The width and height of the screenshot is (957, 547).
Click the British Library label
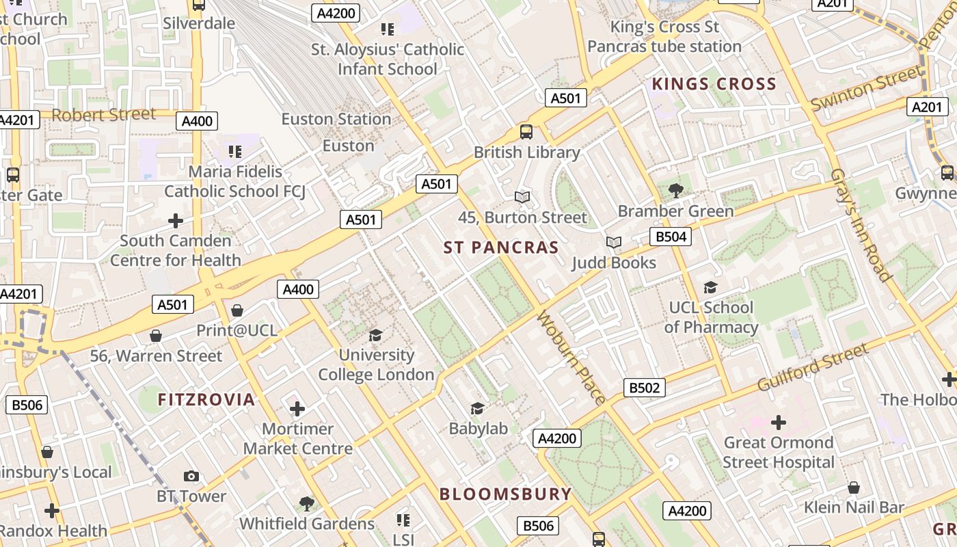point(526,152)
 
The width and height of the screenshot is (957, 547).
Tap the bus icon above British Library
point(526,132)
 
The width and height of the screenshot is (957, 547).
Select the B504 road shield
point(669,237)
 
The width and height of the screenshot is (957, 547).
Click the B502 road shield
point(644,388)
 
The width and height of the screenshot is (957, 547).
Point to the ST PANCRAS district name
point(501,248)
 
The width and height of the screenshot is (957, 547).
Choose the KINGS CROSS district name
point(714,84)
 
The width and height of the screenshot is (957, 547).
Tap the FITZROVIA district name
point(206,399)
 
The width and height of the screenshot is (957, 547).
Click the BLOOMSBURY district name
point(505,494)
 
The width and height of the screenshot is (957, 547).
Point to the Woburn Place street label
point(571,358)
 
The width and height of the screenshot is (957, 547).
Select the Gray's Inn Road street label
point(861,225)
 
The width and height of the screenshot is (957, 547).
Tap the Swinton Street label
point(866,88)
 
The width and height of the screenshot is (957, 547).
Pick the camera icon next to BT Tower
point(191,476)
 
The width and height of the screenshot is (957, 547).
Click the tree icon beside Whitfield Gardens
point(307,505)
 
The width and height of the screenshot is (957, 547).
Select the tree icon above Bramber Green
point(676,191)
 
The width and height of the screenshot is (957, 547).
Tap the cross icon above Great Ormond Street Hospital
point(778,423)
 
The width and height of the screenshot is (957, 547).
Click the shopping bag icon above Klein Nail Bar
point(853,488)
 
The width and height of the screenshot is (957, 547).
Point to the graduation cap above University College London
point(375,335)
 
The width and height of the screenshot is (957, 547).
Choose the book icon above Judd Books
point(614,243)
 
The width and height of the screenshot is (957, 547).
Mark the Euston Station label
point(336,119)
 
